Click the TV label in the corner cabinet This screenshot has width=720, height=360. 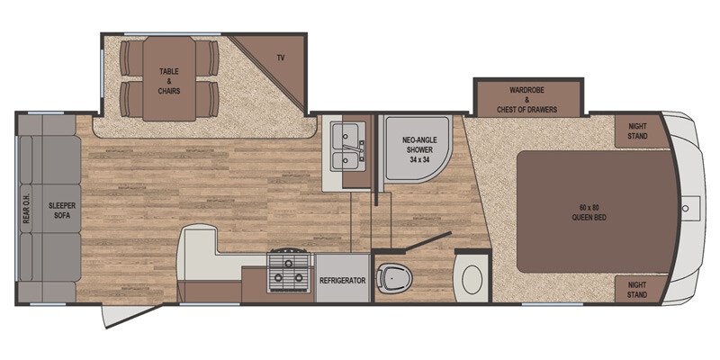click(x=281, y=58)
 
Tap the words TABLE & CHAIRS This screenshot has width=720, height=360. click(x=169, y=81)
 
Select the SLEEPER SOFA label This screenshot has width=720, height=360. click(x=62, y=211)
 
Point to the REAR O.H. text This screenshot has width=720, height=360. click(x=26, y=211)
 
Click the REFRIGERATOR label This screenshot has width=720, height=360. click(x=343, y=280)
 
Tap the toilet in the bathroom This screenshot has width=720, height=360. click(x=393, y=278)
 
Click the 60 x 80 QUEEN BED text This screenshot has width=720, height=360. click(x=589, y=213)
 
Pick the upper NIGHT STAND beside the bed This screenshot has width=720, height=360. click(x=637, y=130)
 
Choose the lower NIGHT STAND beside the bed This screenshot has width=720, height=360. click(x=637, y=290)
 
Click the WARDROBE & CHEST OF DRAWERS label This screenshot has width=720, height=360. click(x=526, y=100)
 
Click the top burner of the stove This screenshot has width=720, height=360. click(x=288, y=263)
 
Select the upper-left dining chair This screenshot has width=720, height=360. click(x=130, y=58)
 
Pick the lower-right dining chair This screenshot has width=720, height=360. click(x=207, y=99)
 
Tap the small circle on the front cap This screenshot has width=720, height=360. click(x=685, y=208)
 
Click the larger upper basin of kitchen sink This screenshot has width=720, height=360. click(x=346, y=135)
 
